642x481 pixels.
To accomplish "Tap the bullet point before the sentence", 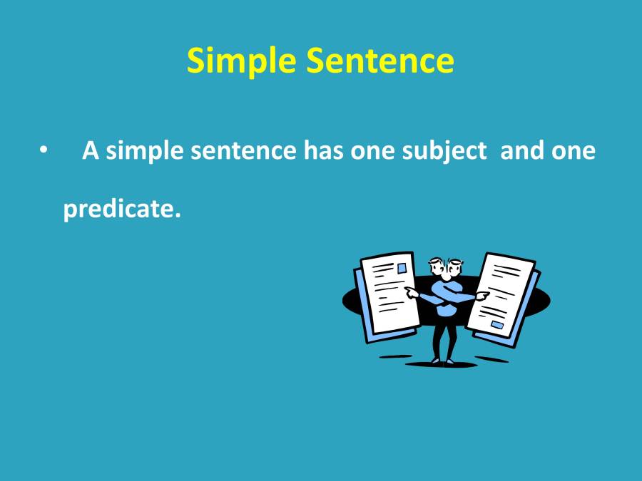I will click(x=44, y=151).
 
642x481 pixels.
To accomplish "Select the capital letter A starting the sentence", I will click(x=90, y=151).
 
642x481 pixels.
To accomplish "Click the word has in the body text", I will click(x=325, y=151).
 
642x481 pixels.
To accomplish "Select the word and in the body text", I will click(x=523, y=151).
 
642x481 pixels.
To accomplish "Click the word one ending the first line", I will click(x=574, y=151).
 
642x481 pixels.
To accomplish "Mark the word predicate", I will click(x=118, y=210).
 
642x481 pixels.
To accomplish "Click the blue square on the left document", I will click(x=402, y=269).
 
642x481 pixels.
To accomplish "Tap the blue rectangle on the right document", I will click(x=497, y=326).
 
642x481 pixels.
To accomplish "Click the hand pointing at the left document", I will click(x=411, y=291).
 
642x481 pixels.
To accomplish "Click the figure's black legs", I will click(x=444, y=339).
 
